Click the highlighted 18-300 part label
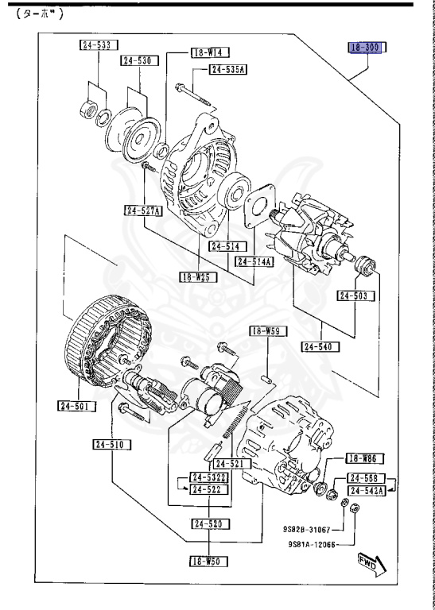366,48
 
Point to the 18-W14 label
210,52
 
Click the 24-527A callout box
143,210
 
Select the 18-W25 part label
197,277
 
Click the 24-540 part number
321,346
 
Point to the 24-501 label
77,406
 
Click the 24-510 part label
107,445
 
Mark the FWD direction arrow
371,563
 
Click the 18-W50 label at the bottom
208,561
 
